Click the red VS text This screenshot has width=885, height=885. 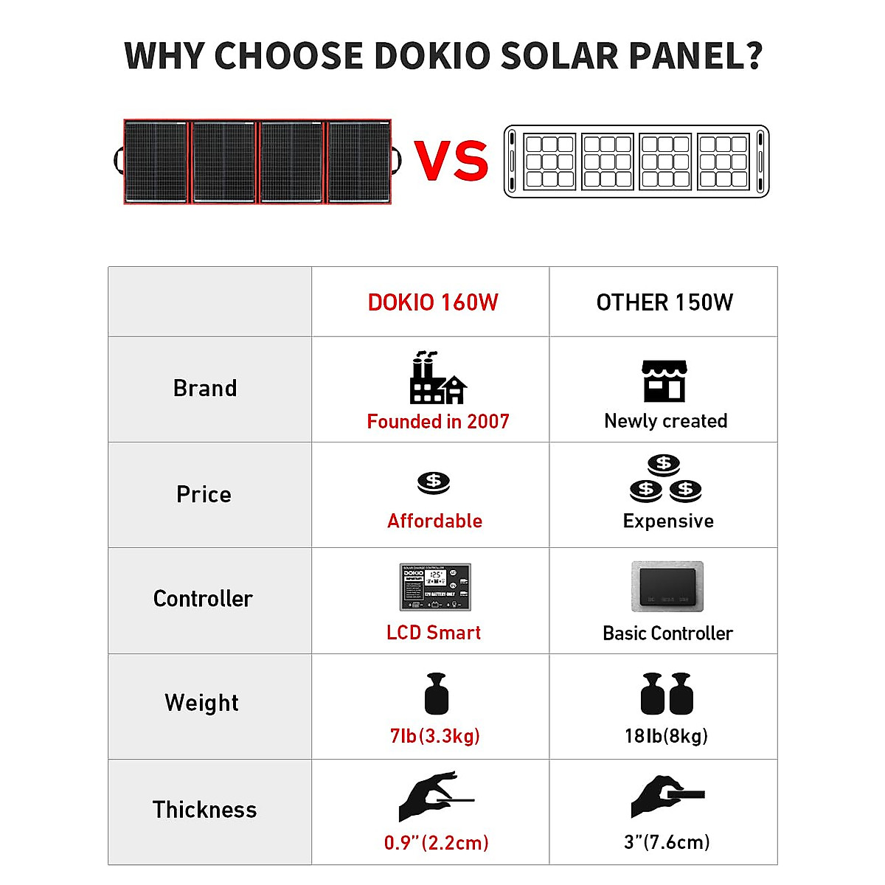click(x=451, y=161)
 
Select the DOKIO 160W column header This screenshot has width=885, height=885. click(x=433, y=302)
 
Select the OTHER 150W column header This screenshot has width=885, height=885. click(x=664, y=302)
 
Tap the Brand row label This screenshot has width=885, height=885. click(x=205, y=389)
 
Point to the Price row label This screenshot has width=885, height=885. click(x=204, y=494)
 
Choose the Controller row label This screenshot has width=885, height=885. click(x=203, y=599)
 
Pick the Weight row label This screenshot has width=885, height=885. click(x=202, y=703)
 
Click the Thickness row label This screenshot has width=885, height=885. click(x=204, y=810)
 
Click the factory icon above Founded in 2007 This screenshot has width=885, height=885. click(x=437, y=378)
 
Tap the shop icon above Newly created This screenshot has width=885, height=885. click(x=664, y=381)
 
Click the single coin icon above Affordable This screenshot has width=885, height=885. click(x=434, y=482)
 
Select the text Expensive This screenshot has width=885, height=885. click(x=668, y=521)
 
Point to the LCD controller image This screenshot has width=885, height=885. click(x=435, y=587)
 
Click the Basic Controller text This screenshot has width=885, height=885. click(x=667, y=634)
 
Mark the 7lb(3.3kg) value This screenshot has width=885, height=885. click(x=435, y=736)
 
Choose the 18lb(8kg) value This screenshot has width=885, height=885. click(x=666, y=736)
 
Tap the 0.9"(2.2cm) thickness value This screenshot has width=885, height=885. click(x=436, y=843)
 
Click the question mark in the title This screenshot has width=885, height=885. click(x=753, y=56)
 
